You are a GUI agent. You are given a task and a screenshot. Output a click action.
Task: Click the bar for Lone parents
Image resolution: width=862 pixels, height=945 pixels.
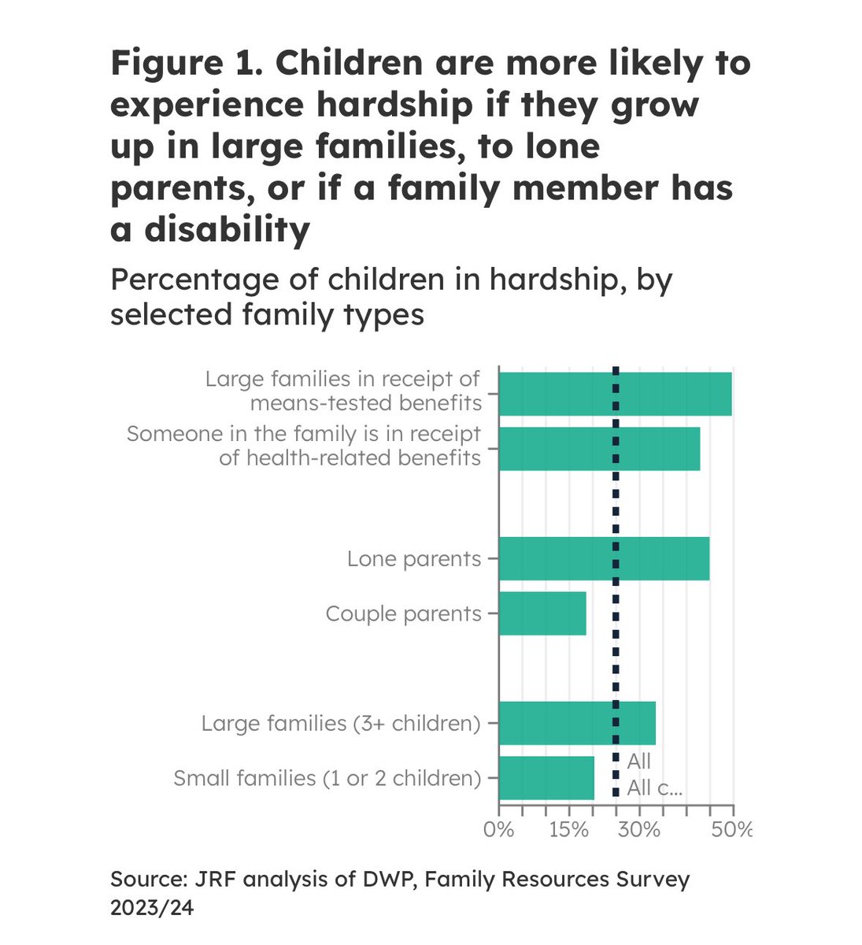(x=604, y=558)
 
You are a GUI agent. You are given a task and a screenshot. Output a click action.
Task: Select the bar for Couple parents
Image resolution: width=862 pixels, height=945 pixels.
(x=542, y=613)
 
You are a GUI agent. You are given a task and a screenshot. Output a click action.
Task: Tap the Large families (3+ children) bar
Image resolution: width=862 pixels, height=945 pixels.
(x=577, y=723)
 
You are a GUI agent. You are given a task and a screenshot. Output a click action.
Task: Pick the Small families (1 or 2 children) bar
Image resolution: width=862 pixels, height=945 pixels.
(x=546, y=778)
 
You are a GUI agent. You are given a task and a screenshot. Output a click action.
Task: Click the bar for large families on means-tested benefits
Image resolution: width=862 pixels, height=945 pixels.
(x=615, y=394)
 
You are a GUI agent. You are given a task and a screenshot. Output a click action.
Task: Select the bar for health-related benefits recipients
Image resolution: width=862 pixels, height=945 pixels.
(x=599, y=449)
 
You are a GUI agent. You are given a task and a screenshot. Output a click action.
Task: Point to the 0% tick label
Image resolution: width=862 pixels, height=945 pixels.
(x=498, y=830)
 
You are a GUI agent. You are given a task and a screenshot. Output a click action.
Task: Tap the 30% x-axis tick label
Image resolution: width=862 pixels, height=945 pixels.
(x=638, y=830)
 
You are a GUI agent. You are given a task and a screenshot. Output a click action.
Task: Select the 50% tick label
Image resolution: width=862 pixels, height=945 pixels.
(x=732, y=830)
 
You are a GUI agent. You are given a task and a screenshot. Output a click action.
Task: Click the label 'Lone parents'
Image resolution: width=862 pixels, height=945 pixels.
(x=414, y=559)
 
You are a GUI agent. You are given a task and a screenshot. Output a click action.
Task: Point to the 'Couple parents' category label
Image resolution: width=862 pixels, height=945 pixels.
(x=403, y=613)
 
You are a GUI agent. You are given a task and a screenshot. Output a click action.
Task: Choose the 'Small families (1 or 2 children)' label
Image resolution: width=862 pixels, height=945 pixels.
(x=327, y=778)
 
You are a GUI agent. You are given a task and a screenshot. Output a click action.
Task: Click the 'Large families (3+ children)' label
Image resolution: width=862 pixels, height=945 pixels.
(x=341, y=723)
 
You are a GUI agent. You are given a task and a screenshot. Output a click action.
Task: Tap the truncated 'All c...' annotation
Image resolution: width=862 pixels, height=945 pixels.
(x=654, y=788)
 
